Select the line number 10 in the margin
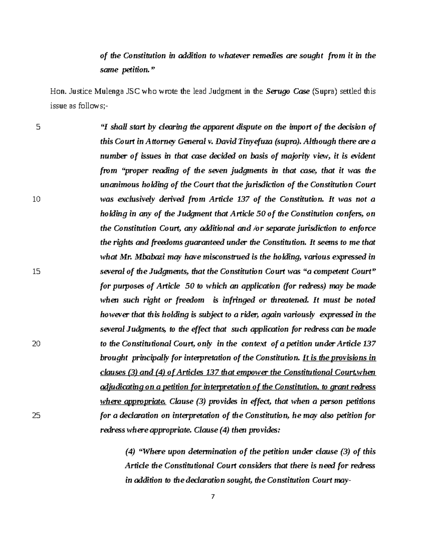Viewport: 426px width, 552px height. coord(36,199)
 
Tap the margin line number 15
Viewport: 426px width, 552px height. coord(36,272)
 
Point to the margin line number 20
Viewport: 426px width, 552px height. coord(36,344)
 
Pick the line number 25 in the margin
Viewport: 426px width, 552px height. coord(36,416)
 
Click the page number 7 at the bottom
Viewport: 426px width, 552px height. coord(213,497)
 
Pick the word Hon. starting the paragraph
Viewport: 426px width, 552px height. coord(57,92)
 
